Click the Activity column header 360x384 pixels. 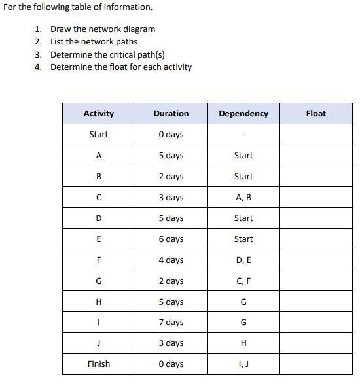pos(99,114)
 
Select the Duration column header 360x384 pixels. pos(171,114)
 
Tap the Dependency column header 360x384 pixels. pos(243,114)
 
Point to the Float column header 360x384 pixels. pos(315,114)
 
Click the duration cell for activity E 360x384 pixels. pos(171,239)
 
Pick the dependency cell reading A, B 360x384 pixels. pos(243,198)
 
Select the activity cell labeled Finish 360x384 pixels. pos(99,364)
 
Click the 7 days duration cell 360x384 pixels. pos(171,323)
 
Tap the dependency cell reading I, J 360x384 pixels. pos(243,364)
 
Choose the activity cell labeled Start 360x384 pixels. pos(99,135)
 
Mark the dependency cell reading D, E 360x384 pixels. pos(243,260)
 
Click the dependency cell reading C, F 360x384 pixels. pos(243,281)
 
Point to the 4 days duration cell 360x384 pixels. pos(171,260)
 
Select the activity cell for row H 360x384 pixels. pos(99,302)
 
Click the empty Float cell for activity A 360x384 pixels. pos(315,156)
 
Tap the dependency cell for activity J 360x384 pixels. pos(243,343)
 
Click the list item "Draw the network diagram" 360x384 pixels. pos(103,29)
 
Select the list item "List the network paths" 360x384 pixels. pos(94,41)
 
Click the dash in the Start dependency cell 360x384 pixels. pos(243,135)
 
